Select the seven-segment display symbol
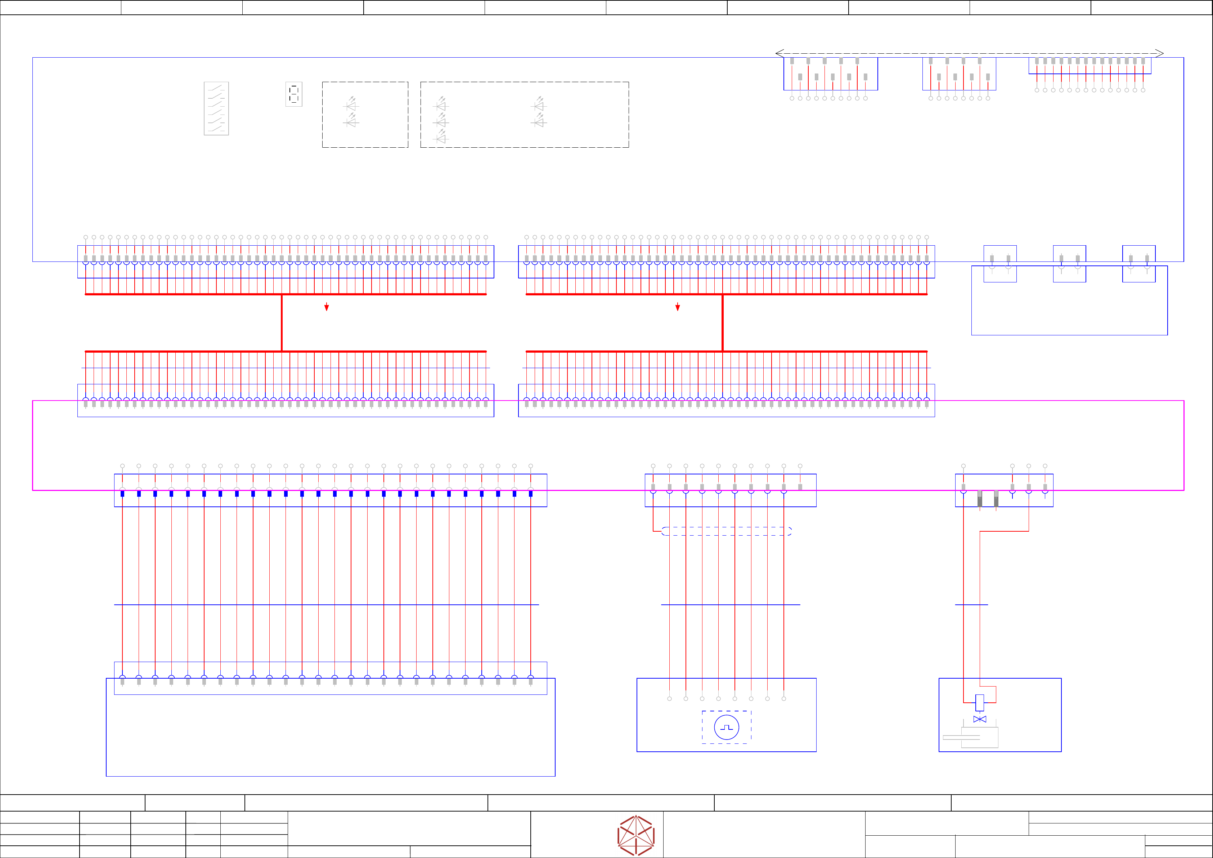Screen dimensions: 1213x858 [x=294, y=94]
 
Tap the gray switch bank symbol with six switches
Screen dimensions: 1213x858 [x=216, y=108]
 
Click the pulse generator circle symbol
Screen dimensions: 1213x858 [x=727, y=727]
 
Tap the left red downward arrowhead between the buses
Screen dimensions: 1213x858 [x=327, y=307]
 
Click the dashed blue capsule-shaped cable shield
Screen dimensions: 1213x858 [x=727, y=531]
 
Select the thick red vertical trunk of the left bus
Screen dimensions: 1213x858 [x=282, y=322]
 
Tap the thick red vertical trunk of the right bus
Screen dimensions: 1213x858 [x=722, y=322]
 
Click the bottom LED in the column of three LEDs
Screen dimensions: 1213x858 [x=441, y=139]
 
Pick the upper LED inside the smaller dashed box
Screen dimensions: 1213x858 [x=351, y=105]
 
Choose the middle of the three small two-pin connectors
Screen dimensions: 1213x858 [x=1069, y=264]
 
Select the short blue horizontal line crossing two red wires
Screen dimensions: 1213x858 [x=971, y=605]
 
